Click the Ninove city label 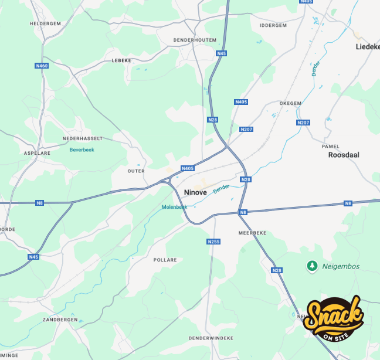pos(195,192)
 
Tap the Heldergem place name pos(45,23)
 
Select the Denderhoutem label pos(195,40)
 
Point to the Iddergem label pos(273,25)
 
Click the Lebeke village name pos(121,60)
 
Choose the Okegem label pos(290,103)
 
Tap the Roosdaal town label pos(344,155)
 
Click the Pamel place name pos(331,146)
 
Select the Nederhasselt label pos(83,138)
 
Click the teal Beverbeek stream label pos(82,150)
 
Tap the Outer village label pos(135,171)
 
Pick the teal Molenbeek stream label pos(174,207)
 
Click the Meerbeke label pos(252,233)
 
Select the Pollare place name pos(165,259)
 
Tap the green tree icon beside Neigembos pos(312,266)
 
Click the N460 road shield pos(42,66)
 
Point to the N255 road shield pos(213,242)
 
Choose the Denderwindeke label pos(211,338)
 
